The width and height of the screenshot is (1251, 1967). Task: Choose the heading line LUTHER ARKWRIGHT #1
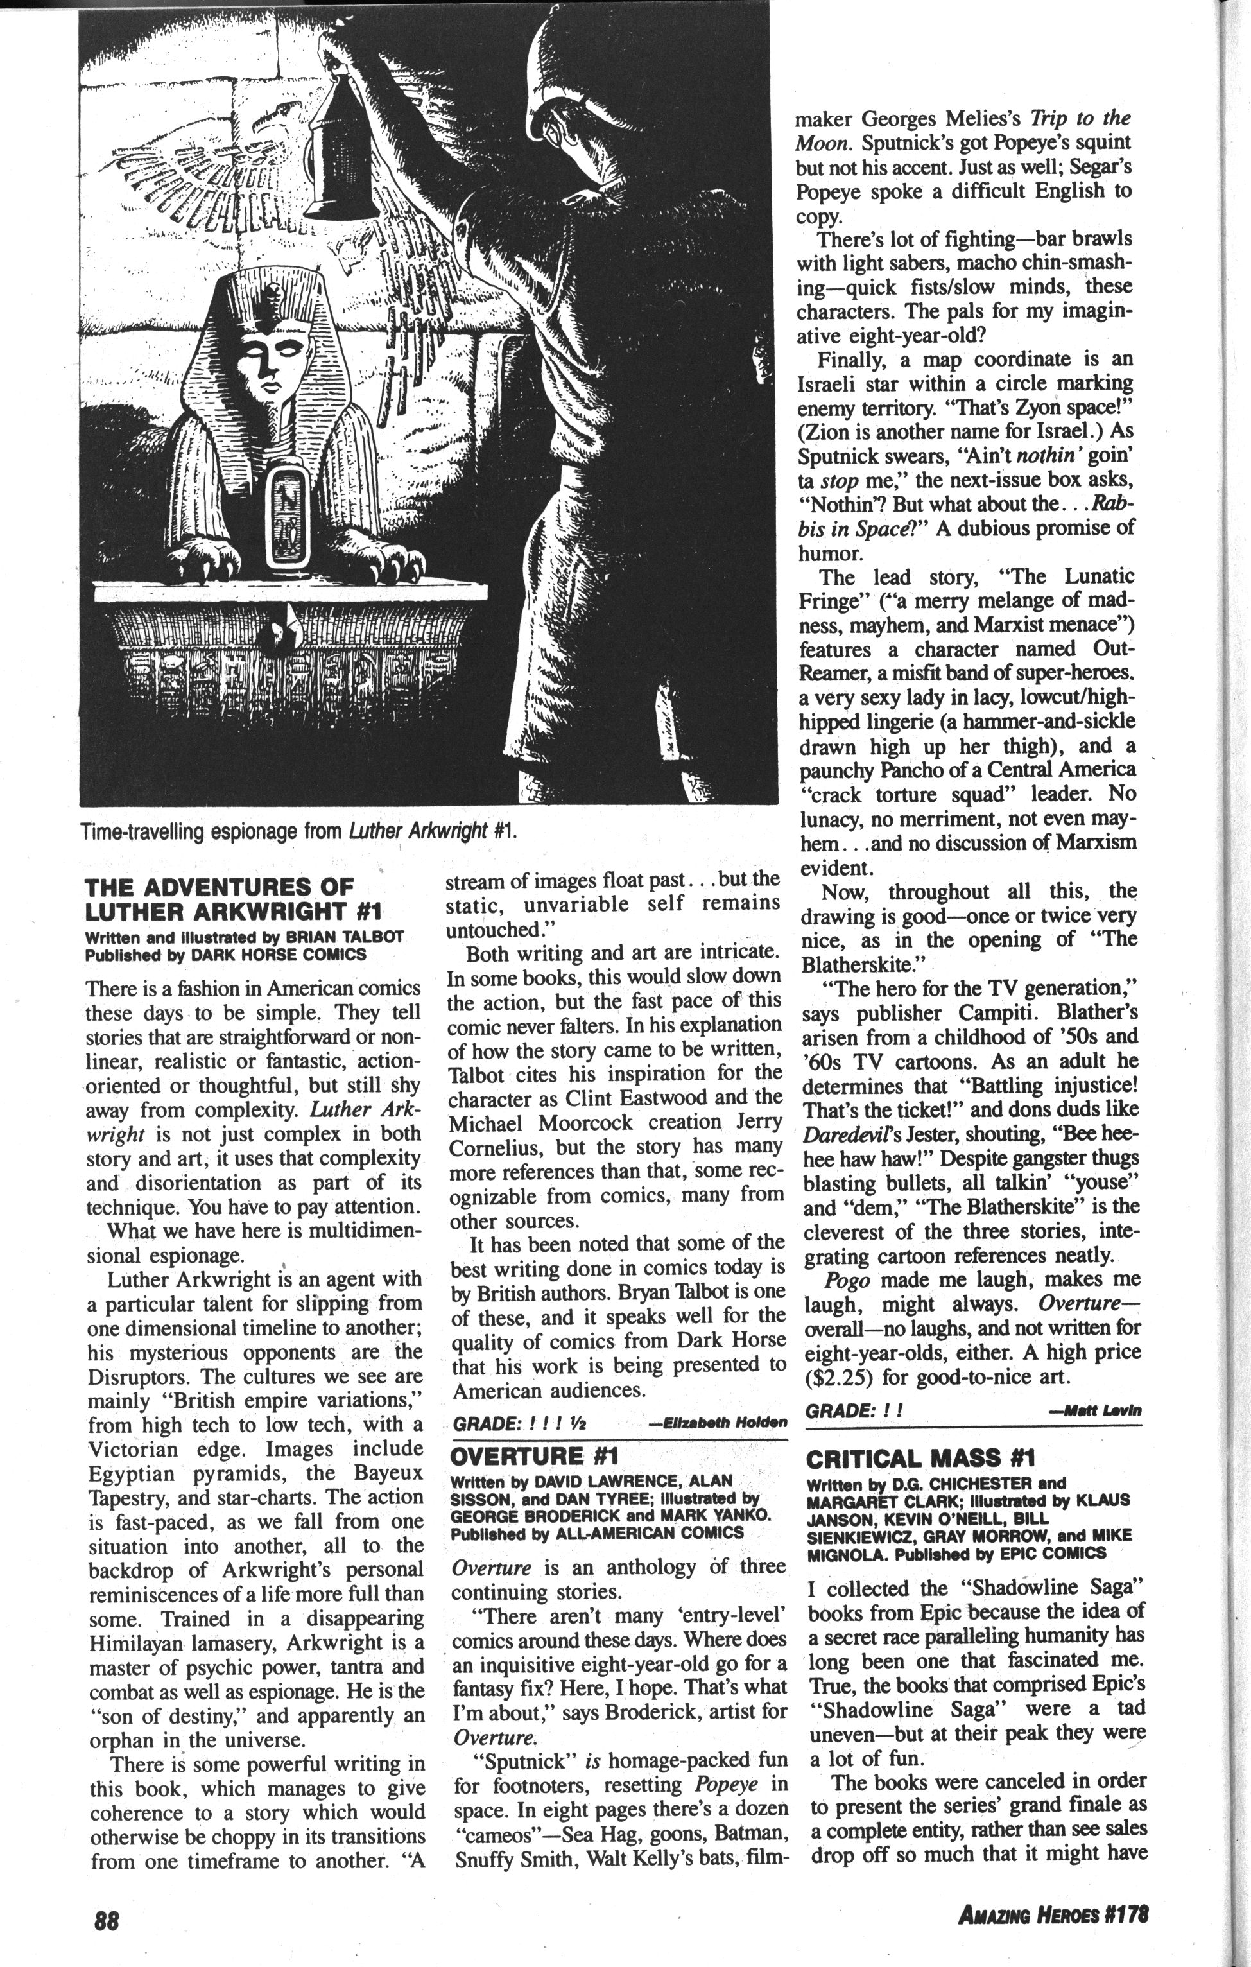(x=234, y=911)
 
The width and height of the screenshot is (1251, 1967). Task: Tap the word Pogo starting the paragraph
(x=849, y=1279)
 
